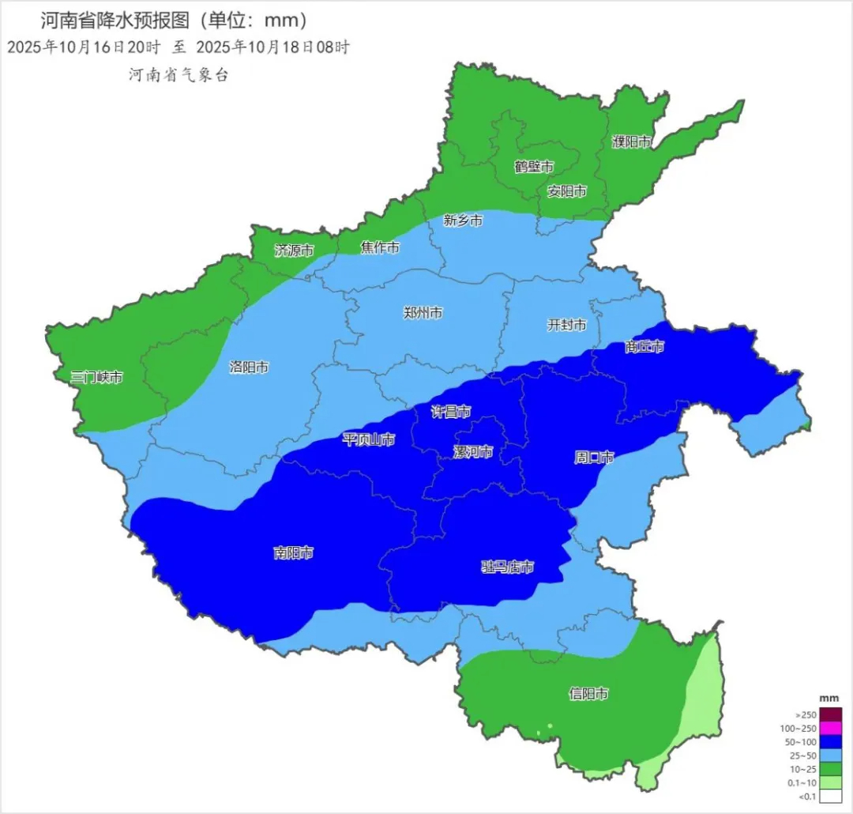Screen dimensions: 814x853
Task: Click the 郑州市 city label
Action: pos(423,313)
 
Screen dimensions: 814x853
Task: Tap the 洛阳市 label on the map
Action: pos(249,367)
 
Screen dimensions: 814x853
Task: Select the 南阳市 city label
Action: pos(293,553)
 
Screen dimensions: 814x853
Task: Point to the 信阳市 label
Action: pos(589,695)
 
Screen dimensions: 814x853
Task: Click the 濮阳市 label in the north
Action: pos(632,142)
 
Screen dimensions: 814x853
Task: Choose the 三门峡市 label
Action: pos(96,378)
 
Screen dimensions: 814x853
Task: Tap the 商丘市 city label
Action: pos(644,347)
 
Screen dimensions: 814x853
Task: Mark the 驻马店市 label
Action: pos(508,567)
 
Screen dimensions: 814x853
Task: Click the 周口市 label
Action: pos(594,458)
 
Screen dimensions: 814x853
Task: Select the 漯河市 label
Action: pos(473,452)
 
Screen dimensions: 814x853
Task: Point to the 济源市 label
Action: pos(294,251)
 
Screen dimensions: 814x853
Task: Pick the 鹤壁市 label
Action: pos(534,167)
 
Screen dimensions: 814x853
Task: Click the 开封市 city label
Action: pos(567,326)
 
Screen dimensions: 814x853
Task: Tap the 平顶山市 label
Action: pos(368,439)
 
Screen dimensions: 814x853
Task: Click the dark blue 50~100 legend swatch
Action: pos(831,742)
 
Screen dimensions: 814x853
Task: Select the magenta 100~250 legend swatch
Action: pos(831,728)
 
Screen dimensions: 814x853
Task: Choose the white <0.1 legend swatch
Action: pos(831,797)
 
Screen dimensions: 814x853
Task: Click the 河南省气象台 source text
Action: pos(178,76)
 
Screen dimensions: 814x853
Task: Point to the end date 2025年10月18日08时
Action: pos(272,47)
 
